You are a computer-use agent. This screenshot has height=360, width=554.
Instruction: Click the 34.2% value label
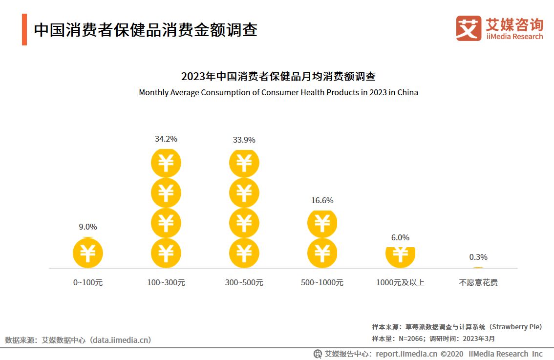click(166, 139)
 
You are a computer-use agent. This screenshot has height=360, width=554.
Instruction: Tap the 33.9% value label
click(244, 140)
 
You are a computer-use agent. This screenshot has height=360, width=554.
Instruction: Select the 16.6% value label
click(322, 200)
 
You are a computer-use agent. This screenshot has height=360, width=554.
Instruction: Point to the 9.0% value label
click(88, 227)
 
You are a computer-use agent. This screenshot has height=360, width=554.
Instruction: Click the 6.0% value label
click(400, 237)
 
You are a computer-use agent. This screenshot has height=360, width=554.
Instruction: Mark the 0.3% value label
click(478, 257)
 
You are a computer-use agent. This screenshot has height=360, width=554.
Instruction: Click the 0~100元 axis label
click(88, 282)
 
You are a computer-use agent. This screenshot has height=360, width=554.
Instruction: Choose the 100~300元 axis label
click(166, 282)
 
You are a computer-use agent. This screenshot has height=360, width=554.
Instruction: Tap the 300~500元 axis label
click(244, 282)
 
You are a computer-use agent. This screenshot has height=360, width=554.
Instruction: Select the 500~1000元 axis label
click(322, 282)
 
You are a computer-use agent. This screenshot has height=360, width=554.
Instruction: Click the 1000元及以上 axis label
click(400, 282)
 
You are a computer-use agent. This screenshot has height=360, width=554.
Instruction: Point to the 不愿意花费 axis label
click(478, 282)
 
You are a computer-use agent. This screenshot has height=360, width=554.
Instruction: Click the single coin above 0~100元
click(88, 253)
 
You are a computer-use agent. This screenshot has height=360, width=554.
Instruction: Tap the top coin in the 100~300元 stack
click(166, 163)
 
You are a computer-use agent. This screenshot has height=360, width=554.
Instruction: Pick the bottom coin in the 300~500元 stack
click(244, 253)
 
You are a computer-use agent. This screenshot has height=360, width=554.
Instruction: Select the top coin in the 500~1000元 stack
click(322, 223)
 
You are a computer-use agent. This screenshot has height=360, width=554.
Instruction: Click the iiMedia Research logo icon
click(468, 28)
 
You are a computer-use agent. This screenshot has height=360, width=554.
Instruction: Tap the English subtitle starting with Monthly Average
click(278, 92)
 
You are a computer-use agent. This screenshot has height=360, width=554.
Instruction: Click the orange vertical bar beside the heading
click(24, 30)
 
